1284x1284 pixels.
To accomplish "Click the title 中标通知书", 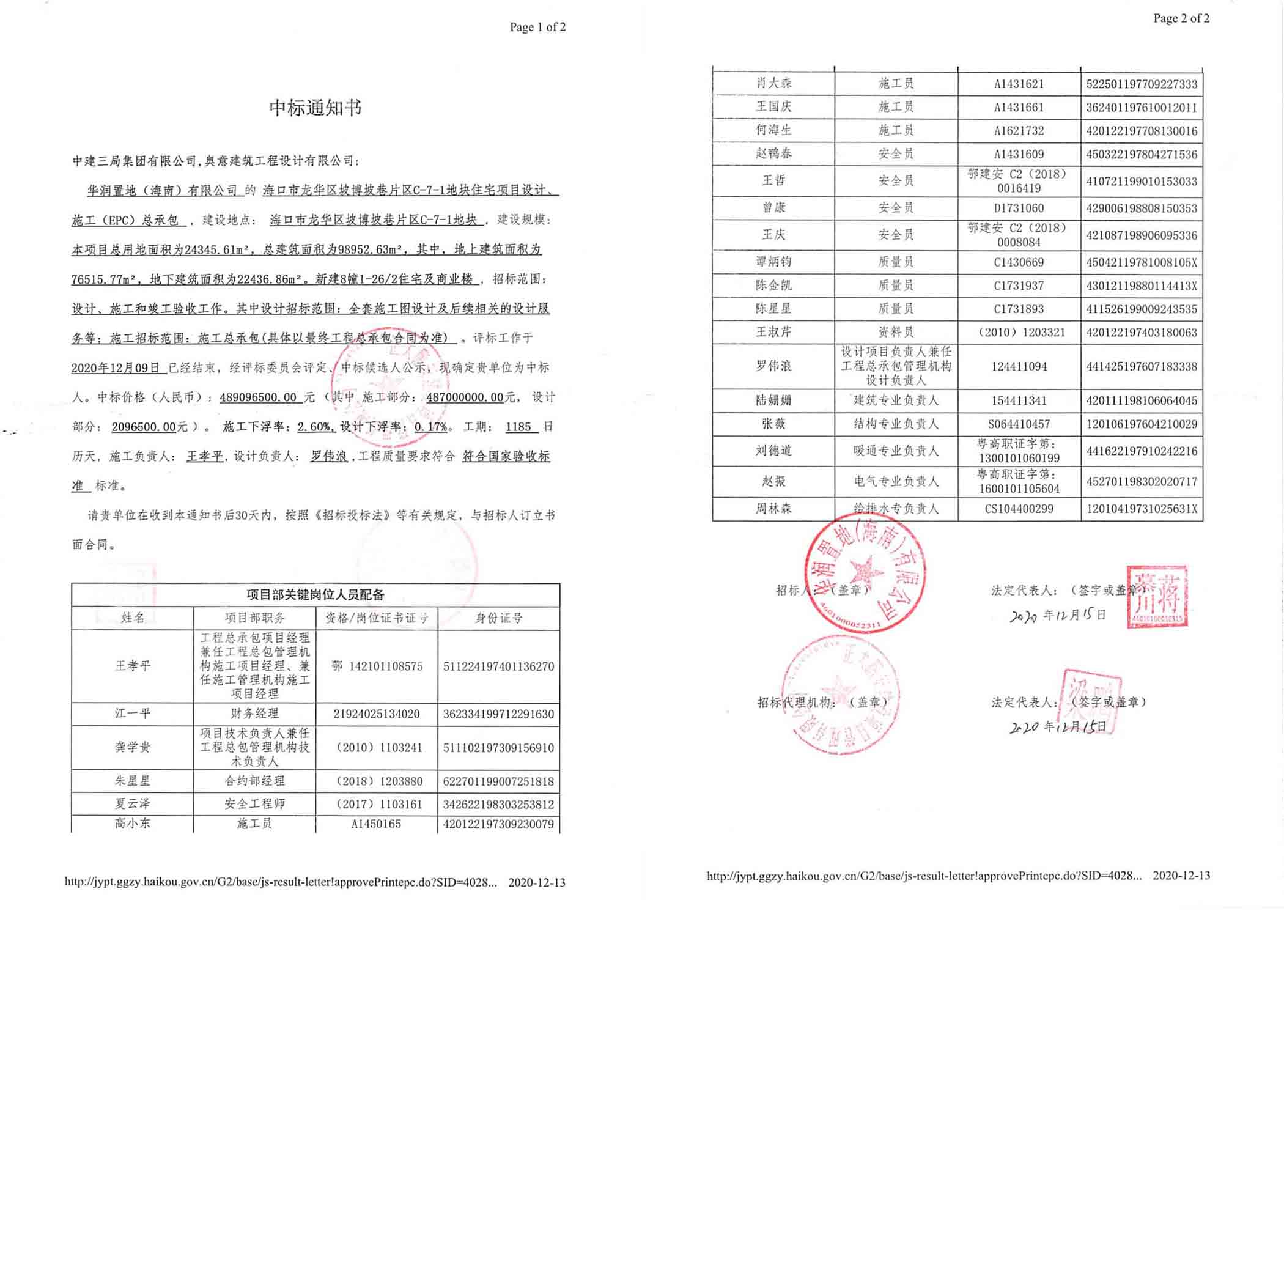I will [x=315, y=108].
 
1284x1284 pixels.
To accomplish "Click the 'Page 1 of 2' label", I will [x=537, y=28].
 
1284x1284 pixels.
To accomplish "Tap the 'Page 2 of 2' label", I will [x=1181, y=18].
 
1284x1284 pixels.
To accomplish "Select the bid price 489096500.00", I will [x=258, y=397].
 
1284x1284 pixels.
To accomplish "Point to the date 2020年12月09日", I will [x=116, y=367].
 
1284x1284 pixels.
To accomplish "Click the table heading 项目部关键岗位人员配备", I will [x=315, y=595].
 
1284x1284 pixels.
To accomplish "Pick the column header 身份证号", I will [x=498, y=618].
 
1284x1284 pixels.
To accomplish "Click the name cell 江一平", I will [x=132, y=714].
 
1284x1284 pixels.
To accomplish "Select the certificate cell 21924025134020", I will [x=376, y=714].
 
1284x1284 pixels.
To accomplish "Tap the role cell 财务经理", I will [x=254, y=714].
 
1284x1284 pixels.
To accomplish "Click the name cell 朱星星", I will [x=132, y=781].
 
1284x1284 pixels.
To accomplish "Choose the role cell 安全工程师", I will [x=254, y=803].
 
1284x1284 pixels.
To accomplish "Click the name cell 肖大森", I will [x=773, y=83].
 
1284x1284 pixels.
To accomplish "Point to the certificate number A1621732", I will [x=1018, y=131].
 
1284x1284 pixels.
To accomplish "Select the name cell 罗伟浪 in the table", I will [x=773, y=366].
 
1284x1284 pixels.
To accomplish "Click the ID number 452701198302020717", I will [x=1141, y=481].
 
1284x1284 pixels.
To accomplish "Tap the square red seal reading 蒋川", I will [x=1157, y=596].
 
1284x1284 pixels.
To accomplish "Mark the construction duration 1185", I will [x=518, y=427].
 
